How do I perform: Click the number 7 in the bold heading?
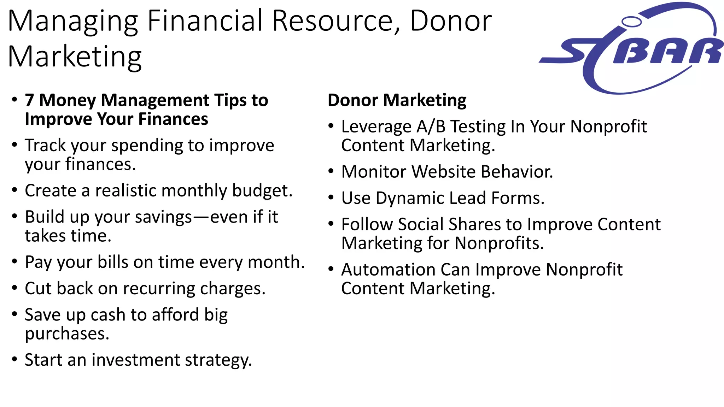point(29,100)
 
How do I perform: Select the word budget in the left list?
point(262,190)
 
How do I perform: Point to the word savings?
point(163,217)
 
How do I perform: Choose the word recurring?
point(159,289)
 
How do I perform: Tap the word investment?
point(136,360)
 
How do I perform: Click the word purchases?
point(67,334)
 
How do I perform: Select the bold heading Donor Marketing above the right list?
point(397,100)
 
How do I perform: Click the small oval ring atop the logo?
point(631,22)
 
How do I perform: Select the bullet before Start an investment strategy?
point(14,360)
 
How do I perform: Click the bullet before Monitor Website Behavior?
point(331,171)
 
